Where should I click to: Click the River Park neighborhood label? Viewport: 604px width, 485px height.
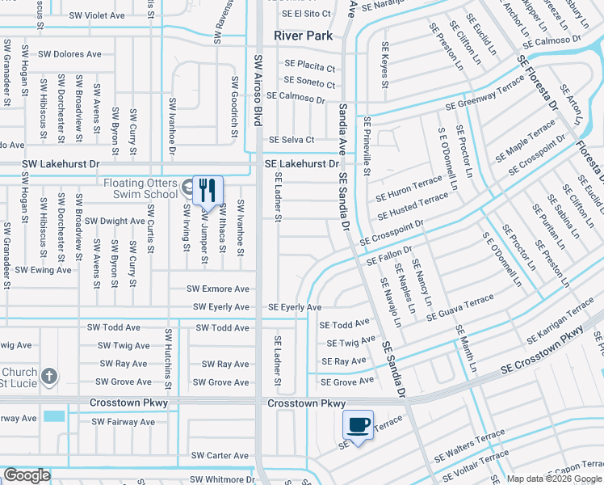(304, 36)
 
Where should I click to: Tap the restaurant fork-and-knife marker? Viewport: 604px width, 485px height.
(208, 191)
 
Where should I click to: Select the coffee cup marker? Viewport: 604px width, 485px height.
(359, 424)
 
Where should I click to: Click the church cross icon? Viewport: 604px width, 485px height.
(50, 376)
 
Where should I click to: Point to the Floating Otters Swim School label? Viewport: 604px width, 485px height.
(141, 188)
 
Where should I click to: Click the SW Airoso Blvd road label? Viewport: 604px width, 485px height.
(258, 91)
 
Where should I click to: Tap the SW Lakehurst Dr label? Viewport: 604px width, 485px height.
(61, 163)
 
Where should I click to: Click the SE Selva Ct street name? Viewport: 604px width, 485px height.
(292, 140)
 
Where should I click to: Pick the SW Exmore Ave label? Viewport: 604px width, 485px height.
(218, 289)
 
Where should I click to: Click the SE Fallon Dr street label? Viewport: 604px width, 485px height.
(389, 256)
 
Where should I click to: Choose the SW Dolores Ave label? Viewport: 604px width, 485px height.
(73, 54)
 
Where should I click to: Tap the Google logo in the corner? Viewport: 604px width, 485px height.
(27, 475)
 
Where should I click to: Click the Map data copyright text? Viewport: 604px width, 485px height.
(555, 479)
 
